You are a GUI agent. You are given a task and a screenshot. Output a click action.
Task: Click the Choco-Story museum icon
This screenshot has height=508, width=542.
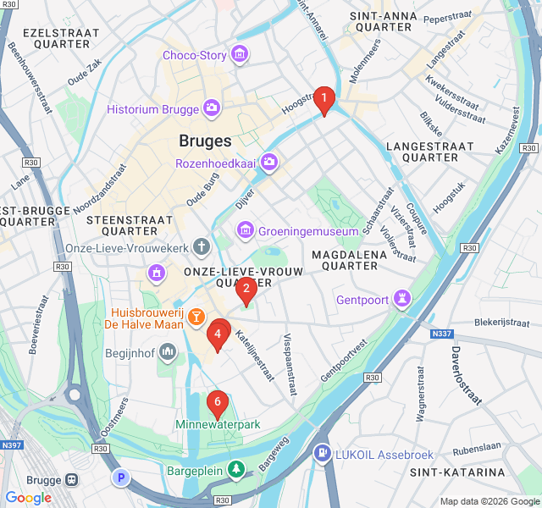[240, 55]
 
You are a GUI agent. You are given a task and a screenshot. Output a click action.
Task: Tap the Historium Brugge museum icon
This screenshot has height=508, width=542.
[211, 108]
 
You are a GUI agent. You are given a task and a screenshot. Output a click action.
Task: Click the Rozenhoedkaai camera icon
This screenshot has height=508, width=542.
[269, 162]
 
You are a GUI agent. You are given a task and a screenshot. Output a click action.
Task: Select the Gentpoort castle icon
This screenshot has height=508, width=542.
[402, 300]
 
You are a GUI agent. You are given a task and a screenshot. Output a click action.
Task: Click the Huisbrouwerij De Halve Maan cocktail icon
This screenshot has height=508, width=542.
[196, 317]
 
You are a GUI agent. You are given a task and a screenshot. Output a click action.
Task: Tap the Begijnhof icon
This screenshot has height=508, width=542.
[167, 351]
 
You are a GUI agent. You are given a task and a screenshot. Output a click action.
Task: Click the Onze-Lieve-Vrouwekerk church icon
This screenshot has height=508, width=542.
[201, 247]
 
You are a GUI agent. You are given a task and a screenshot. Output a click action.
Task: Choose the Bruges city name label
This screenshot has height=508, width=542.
[205, 141]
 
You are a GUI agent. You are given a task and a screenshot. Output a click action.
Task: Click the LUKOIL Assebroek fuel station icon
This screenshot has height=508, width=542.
[322, 452]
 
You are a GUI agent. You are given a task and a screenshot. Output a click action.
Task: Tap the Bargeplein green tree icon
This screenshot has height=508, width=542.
[238, 467]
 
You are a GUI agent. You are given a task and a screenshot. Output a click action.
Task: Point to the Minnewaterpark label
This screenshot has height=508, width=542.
[218, 424]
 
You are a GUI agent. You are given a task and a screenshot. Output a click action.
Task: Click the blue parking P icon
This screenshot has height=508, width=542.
[121, 478]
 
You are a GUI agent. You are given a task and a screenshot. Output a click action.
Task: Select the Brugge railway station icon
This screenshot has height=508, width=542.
[72, 478]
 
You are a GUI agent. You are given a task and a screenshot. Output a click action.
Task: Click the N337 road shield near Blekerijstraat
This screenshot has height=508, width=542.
[442, 334]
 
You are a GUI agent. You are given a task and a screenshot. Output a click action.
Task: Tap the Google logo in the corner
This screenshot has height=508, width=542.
[29, 498]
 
